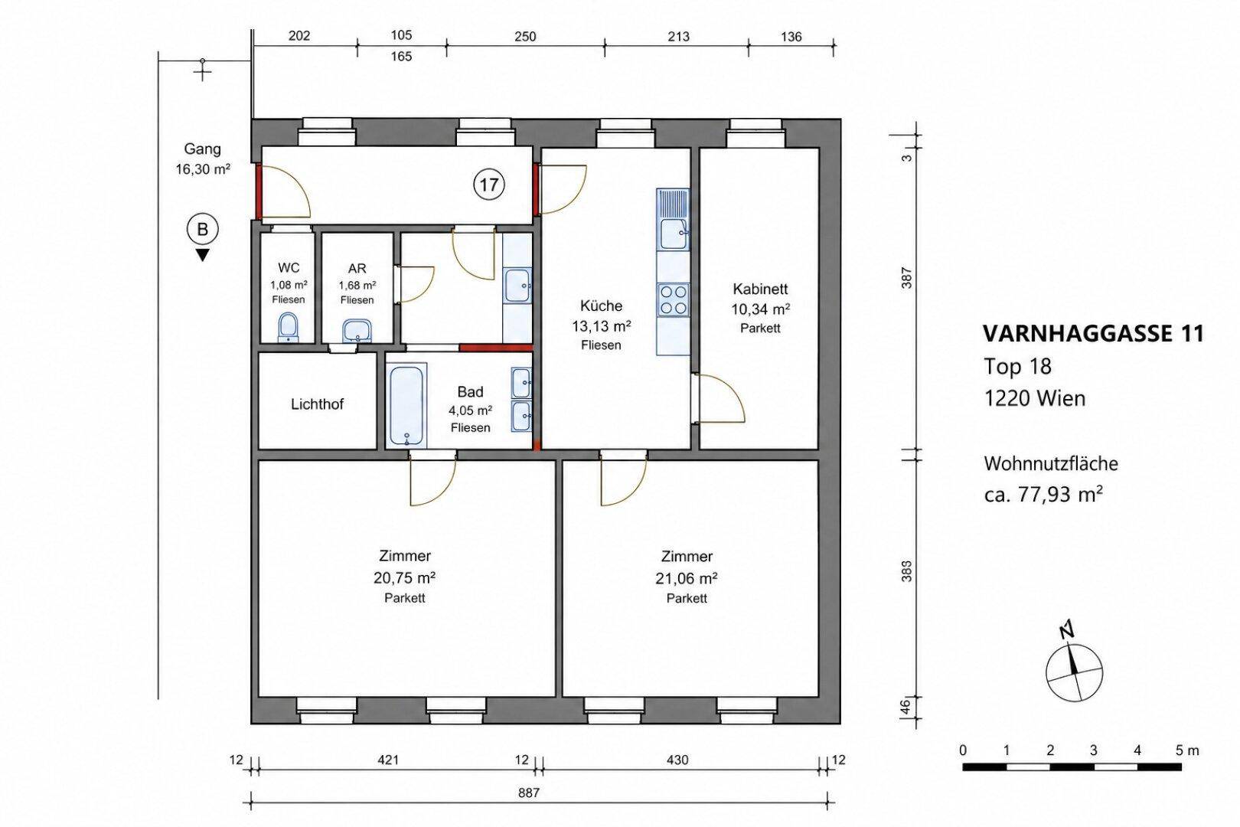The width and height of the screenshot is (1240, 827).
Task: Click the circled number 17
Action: [489, 184]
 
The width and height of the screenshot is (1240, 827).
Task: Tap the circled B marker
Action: [203, 229]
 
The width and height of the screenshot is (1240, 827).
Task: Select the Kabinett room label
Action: [760, 289]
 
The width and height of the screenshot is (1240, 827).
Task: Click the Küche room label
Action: [601, 306]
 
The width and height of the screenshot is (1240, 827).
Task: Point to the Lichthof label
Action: [317, 404]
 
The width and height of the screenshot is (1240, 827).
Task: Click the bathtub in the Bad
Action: [407, 406]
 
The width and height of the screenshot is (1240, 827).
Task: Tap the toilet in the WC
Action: [288, 328]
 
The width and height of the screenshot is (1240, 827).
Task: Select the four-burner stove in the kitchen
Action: [673, 299]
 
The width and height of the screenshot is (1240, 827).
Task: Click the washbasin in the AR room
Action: [357, 331]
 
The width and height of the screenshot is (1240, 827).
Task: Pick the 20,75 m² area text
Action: [404, 577]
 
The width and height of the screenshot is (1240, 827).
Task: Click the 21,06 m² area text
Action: [687, 578]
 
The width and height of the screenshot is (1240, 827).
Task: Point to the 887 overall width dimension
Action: [529, 793]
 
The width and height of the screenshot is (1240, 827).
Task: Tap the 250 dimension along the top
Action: [525, 37]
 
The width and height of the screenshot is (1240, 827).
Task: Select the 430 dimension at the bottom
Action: [677, 760]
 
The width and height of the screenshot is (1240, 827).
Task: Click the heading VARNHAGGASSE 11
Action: [1093, 334]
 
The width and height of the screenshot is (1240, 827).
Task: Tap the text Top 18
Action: [1017, 366]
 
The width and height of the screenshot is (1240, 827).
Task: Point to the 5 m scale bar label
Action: [1188, 750]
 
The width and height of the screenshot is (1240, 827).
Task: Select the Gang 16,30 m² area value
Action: [203, 169]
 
